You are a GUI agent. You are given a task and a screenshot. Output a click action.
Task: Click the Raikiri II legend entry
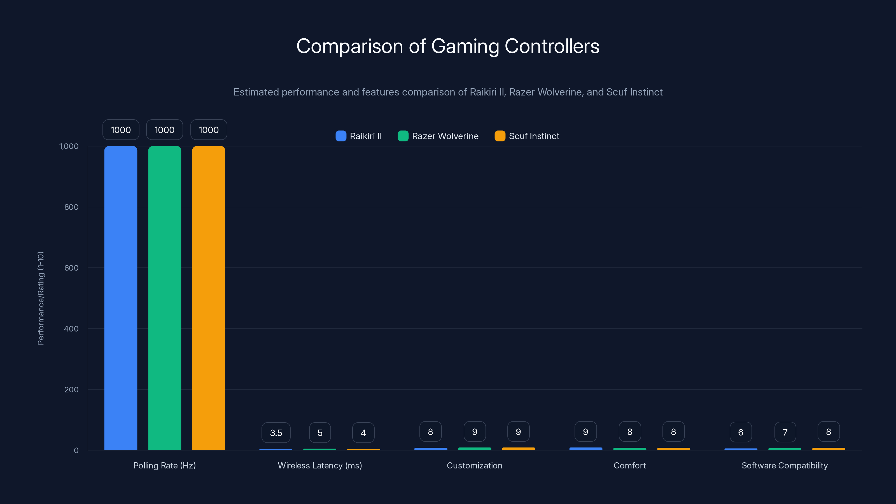click(x=359, y=136)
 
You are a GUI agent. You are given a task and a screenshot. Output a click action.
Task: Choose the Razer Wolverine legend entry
click(x=438, y=136)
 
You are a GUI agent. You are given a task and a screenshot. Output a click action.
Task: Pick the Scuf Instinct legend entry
click(x=527, y=136)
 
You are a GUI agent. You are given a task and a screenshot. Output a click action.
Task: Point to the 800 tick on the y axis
click(x=71, y=207)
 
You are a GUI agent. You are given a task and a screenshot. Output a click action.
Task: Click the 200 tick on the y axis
click(x=71, y=389)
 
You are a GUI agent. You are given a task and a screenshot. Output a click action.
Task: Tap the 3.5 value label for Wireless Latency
click(x=276, y=433)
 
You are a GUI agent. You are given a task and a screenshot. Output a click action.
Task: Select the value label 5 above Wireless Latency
click(x=320, y=433)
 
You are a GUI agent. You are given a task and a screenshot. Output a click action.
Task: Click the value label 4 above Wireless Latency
click(x=363, y=433)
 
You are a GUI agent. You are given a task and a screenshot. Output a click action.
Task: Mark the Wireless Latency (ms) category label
click(x=320, y=465)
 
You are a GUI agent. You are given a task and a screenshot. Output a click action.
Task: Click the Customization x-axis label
click(x=474, y=465)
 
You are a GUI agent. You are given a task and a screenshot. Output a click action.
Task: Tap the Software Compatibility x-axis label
click(x=784, y=465)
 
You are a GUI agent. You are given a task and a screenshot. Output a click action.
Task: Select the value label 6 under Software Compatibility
click(x=741, y=432)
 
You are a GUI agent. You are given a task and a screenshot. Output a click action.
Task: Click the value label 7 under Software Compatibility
click(x=785, y=432)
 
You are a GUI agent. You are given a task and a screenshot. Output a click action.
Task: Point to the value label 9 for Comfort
click(x=585, y=432)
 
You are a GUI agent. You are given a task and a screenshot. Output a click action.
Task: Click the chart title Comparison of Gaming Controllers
click(x=448, y=46)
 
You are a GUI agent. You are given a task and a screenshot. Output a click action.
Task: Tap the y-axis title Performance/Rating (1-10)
click(x=41, y=298)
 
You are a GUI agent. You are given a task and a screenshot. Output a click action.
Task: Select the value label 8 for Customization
click(x=430, y=432)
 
